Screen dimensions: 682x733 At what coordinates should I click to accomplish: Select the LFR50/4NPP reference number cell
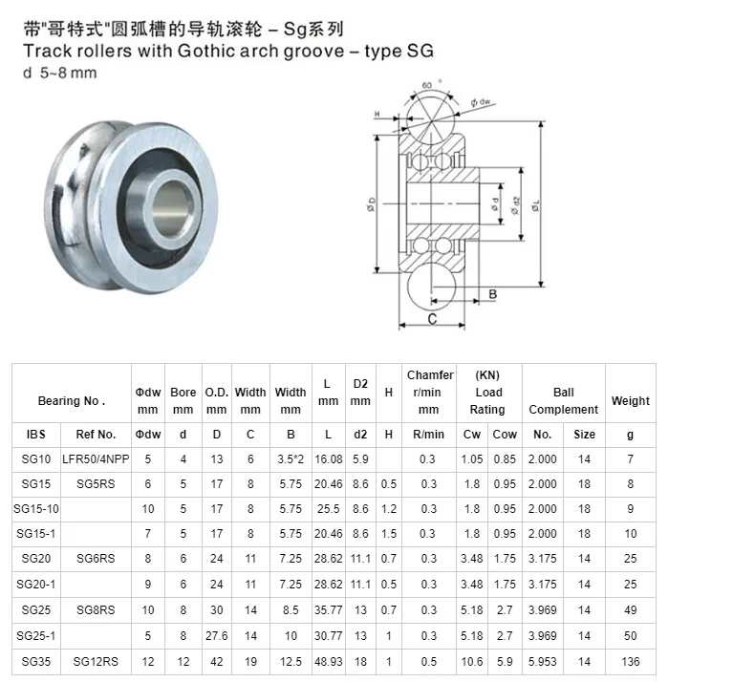point(96,459)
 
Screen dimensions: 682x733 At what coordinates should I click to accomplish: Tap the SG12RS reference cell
point(96,661)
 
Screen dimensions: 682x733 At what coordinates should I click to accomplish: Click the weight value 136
point(630,661)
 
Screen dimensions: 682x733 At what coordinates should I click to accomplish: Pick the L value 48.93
point(328,661)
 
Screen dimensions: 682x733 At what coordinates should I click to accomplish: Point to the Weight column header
point(630,401)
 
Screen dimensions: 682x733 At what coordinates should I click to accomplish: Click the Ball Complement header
point(563,401)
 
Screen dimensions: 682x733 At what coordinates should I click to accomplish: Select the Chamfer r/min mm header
point(429,393)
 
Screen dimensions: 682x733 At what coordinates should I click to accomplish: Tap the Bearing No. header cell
point(72,401)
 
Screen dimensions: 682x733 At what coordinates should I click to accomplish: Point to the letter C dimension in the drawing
point(432,319)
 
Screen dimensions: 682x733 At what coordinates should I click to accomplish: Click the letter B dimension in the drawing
point(493,294)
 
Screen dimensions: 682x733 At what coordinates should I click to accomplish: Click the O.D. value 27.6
point(217,635)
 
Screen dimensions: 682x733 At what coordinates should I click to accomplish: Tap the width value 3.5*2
point(291,459)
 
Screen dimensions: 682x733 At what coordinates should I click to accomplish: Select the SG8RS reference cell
point(96,610)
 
